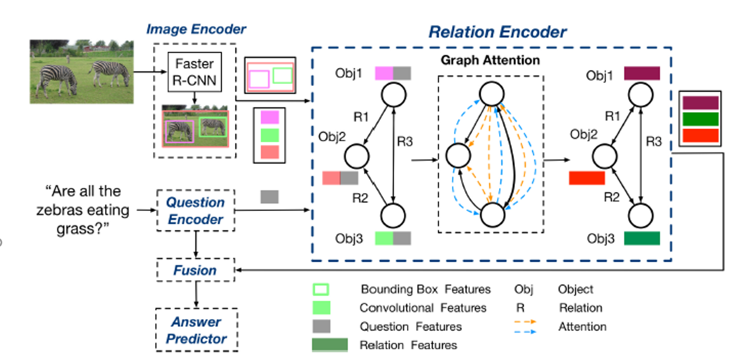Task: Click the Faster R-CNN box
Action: tap(194, 73)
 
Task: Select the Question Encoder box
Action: tap(195, 211)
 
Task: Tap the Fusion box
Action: tap(195, 271)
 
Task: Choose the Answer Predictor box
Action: tap(196, 330)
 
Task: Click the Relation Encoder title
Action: tap(497, 32)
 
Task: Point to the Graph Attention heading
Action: tap(491, 60)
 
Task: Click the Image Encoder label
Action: tap(196, 29)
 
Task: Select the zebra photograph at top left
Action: tap(82, 71)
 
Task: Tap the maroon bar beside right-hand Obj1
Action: tap(642, 74)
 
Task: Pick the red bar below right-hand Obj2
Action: tap(587, 178)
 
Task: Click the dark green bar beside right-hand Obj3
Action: tap(642, 238)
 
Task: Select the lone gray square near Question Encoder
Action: tap(269, 196)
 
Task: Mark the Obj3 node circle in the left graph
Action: tap(392, 215)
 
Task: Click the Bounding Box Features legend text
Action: tap(425, 289)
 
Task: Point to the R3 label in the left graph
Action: tap(405, 142)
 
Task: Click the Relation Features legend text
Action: tap(408, 345)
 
